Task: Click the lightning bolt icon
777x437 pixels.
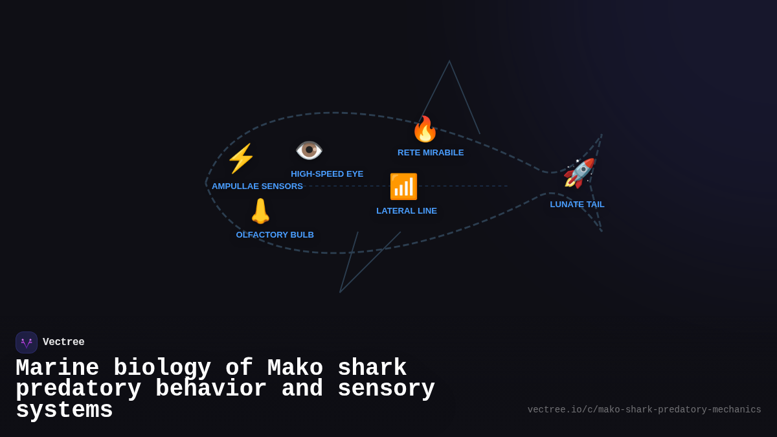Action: click(241, 159)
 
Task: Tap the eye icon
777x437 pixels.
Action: click(309, 150)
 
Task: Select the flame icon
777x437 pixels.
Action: click(425, 129)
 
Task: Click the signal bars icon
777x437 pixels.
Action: click(403, 186)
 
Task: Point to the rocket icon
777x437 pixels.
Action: click(579, 174)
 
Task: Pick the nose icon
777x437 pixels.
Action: click(260, 211)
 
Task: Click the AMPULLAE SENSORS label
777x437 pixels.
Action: click(257, 186)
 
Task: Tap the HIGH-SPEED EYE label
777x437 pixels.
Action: click(327, 174)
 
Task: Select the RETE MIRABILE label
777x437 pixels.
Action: click(431, 153)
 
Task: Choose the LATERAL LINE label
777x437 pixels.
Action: click(407, 211)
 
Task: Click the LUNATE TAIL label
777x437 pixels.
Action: click(577, 205)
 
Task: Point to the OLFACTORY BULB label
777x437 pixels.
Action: click(275, 235)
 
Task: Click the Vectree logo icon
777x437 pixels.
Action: click(27, 342)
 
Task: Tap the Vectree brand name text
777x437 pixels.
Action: click(63, 342)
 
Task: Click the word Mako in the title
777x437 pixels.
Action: click(295, 368)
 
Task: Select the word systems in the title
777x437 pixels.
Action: click(64, 410)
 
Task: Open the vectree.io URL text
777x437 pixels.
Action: click(644, 410)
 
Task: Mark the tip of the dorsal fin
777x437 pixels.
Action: click(449, 62)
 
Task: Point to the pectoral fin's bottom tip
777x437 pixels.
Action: click(340, 292)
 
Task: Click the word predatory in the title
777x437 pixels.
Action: click(78, 389)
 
